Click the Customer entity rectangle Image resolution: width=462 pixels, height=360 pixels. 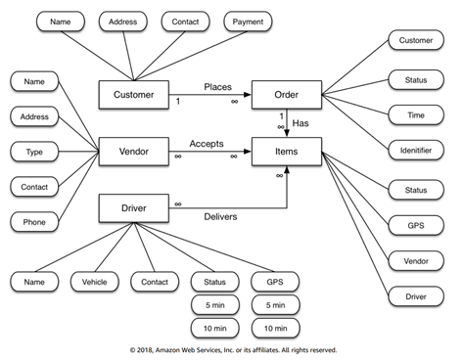click(x=134, y=95)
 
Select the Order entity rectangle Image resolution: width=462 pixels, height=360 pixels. click(x=286, y=95)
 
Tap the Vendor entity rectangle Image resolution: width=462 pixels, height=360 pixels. click(x=134, y=151)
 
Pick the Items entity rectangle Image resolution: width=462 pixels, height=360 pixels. click(x=286, y=151)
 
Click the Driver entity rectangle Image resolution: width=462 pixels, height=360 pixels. click(x=134, y=207)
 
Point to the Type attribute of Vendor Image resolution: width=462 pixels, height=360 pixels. click(x=34, y=152)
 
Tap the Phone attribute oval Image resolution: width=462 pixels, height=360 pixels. click(x=34, y=222)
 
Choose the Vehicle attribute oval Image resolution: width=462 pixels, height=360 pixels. click(x=95, y=281)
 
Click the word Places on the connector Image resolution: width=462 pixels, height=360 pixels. click(x=217, y=87)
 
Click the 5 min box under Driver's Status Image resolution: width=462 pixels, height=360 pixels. click(x=213, y=304)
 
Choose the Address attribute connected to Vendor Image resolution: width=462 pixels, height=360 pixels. click(x=34, y=117)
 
